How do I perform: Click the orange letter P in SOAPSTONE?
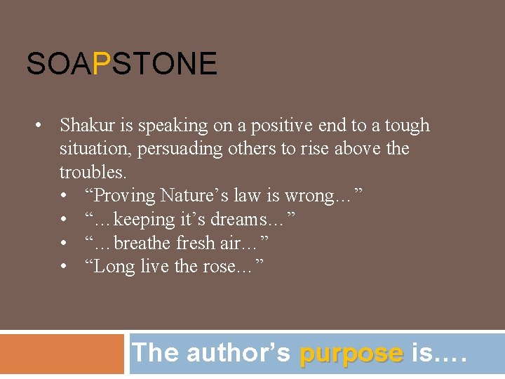pos(102,64)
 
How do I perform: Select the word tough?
pos(407,126)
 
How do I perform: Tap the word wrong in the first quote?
pos(315,196)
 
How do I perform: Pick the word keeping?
pos(144,220)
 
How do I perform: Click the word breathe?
pos(142,244)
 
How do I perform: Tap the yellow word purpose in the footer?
pos(351,353)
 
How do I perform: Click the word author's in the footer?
pos(238,353)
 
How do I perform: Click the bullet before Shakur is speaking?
pos(42,126)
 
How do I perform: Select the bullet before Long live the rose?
pos(65,267)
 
